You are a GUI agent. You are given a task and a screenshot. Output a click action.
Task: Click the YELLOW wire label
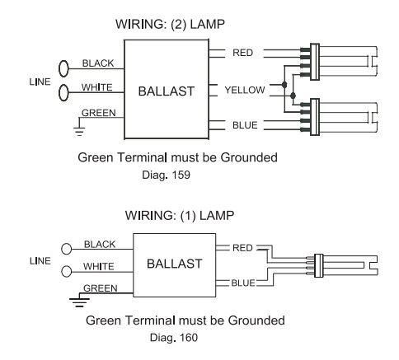click(x=245, y=90)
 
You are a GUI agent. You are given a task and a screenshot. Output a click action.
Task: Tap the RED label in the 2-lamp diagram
click(x=242, y=53)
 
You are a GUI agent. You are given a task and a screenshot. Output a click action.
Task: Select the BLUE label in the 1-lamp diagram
click(x=243, y=283)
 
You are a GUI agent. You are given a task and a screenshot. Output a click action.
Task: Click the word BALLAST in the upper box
click(x=167, y=91)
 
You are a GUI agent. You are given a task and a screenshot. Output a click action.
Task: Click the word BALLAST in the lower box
click(x=175, y=264)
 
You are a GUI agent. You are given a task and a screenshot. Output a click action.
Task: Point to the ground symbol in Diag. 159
click(x=79, y=131)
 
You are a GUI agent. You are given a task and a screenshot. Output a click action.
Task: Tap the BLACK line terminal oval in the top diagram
click(x=63, y=68)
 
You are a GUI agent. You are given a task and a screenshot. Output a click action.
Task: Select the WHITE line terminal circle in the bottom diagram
click(x=66, y=271)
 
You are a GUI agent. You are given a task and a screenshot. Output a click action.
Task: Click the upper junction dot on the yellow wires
click(x=284, y=85)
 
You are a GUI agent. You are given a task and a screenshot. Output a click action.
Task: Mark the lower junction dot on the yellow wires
click(x=293, y=96)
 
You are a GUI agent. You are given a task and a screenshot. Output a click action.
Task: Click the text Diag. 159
click(x=166, y=175)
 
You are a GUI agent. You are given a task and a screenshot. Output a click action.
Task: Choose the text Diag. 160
click(x=174, y=338)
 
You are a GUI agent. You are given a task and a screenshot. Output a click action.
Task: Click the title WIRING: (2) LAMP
click(x=170, y=25)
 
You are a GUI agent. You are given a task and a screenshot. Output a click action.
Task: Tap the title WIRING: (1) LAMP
click(x=180, y=216)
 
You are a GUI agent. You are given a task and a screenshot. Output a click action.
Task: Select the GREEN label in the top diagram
click(x=99, y=113)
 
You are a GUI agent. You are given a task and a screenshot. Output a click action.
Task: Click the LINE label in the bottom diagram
click(x=40, y=261)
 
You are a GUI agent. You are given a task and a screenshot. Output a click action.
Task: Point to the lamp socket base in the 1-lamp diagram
click(x=318, y=265)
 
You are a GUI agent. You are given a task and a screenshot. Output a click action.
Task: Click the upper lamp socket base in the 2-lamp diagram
click(x=315, y=62)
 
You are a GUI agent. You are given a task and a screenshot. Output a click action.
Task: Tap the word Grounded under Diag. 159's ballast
click(x=249, y=157)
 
